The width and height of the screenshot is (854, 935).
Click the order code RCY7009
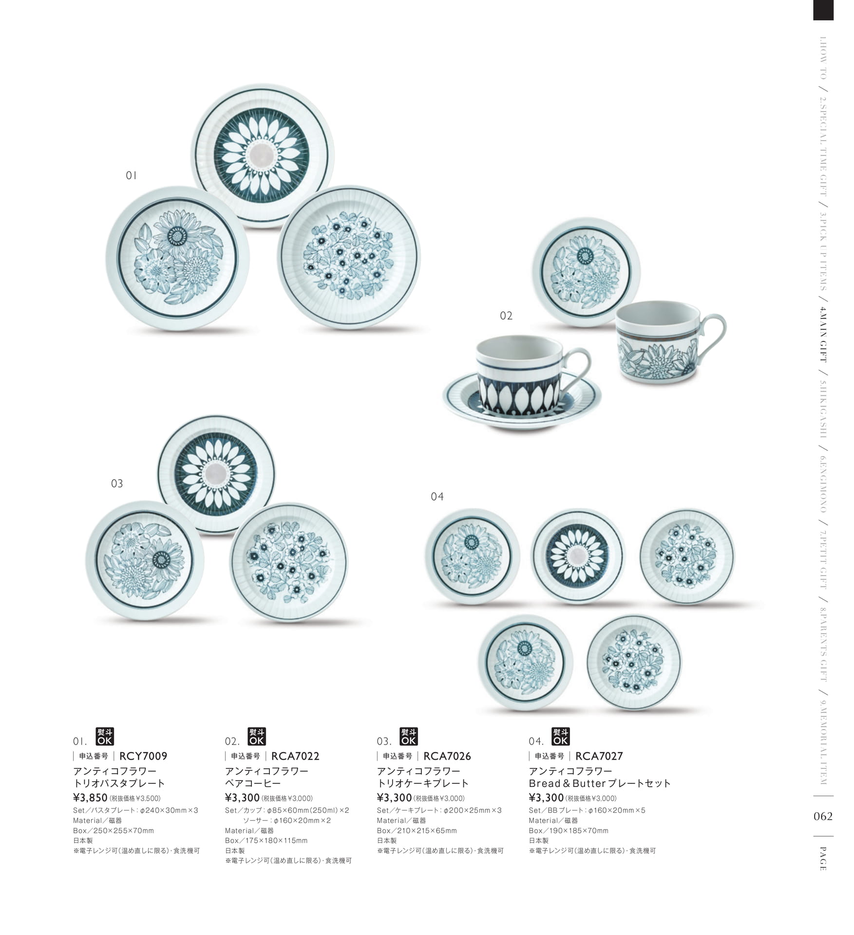coord(143,756)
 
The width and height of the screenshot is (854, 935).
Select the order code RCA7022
coord(295,756)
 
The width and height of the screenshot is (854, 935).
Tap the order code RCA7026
coord(447,756)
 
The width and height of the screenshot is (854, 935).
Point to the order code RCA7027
coord(599,756)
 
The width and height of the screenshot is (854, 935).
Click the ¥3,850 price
coord(90,798)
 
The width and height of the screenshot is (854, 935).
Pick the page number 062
coord(823,817)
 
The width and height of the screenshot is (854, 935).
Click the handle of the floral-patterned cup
coord(714,335)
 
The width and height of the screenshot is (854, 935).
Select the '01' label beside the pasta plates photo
coord(132,175)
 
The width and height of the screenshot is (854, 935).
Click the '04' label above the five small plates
coord(437,496)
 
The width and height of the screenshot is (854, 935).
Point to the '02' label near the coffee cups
coord(506,316)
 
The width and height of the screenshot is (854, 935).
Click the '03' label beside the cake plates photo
coord(117,484)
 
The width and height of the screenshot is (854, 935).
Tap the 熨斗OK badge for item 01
coord(105,736)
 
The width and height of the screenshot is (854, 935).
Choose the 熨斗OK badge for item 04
coord(560,736)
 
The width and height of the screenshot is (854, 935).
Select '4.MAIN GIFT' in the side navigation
coord(823,334)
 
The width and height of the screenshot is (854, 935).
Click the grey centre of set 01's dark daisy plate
coord(262,155)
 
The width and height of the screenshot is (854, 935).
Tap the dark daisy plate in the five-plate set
coord(577,556)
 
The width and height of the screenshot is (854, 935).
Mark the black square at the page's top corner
coord(823,10)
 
